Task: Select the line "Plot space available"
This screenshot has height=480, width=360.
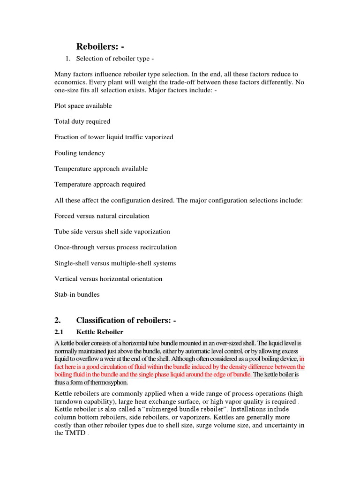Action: tap(83, 106)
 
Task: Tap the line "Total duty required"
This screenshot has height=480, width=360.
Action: tap(82, 121)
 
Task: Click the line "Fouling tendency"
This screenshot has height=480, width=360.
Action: tap(80, 153)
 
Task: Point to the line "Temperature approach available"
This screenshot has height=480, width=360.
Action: tap(101, 169)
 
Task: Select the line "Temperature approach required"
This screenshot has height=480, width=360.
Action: tap(100, 184)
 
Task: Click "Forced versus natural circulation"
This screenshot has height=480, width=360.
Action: tap(102, 216)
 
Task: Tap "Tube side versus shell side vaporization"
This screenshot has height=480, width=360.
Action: tap(112, 232)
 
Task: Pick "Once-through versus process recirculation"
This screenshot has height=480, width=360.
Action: tap(115, 247)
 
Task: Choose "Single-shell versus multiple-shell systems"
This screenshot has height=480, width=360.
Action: tap(115, 263)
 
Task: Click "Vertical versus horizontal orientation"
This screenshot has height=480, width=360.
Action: tap(108, 279)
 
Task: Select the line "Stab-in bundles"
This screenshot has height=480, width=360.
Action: tap(77, 294)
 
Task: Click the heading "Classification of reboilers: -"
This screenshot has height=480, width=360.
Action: tap(126, 321)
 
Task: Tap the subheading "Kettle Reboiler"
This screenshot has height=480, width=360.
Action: tap(100, 332)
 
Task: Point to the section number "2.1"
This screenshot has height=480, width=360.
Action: tap(60, 332)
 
